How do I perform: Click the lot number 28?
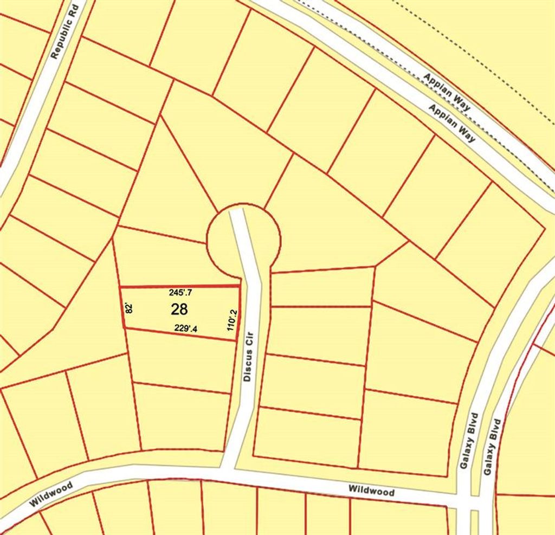click(179, 310)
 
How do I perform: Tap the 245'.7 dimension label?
click(181, 293)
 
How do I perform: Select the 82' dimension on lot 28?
click(129, 308)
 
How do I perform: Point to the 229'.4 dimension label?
click(185, 328)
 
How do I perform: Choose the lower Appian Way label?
click(452, 123)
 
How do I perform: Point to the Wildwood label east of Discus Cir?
click(371, 491)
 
